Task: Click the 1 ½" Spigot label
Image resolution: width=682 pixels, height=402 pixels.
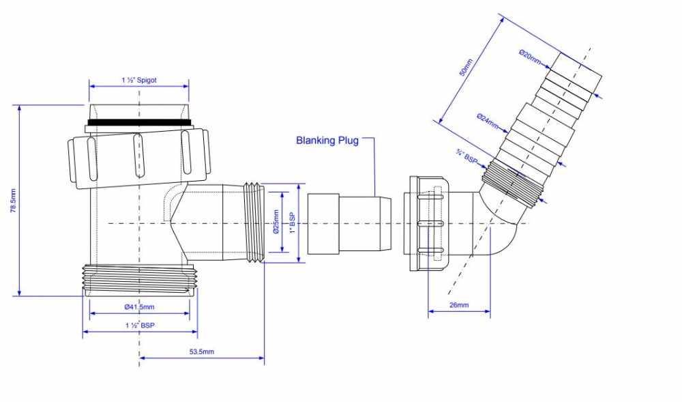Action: [138, 81]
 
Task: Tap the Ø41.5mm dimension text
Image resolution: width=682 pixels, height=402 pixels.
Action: [139, 307]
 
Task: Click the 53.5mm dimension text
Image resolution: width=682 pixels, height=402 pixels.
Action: [201, 351]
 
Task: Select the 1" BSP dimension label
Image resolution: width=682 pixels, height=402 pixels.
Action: [292, 223]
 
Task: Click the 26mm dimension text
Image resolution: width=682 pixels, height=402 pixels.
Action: [458, 305]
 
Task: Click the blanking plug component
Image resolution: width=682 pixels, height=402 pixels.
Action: [348, 222]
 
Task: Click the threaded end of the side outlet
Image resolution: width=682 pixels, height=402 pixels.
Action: [254, 222]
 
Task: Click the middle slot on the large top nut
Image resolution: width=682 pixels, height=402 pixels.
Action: [139, 155]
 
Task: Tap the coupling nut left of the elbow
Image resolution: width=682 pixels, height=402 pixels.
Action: [426, 223]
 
